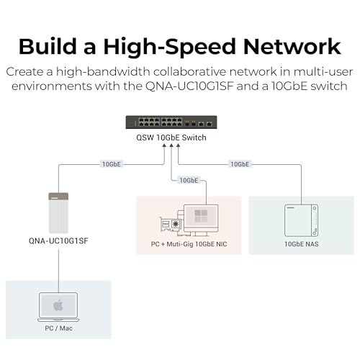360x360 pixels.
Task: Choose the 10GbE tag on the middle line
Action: (x=189, y=180)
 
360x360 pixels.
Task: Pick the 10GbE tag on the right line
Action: (x=240, y=164)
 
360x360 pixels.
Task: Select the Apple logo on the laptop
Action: (x=58, y=305)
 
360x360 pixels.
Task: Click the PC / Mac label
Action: (x=58, y=329)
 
